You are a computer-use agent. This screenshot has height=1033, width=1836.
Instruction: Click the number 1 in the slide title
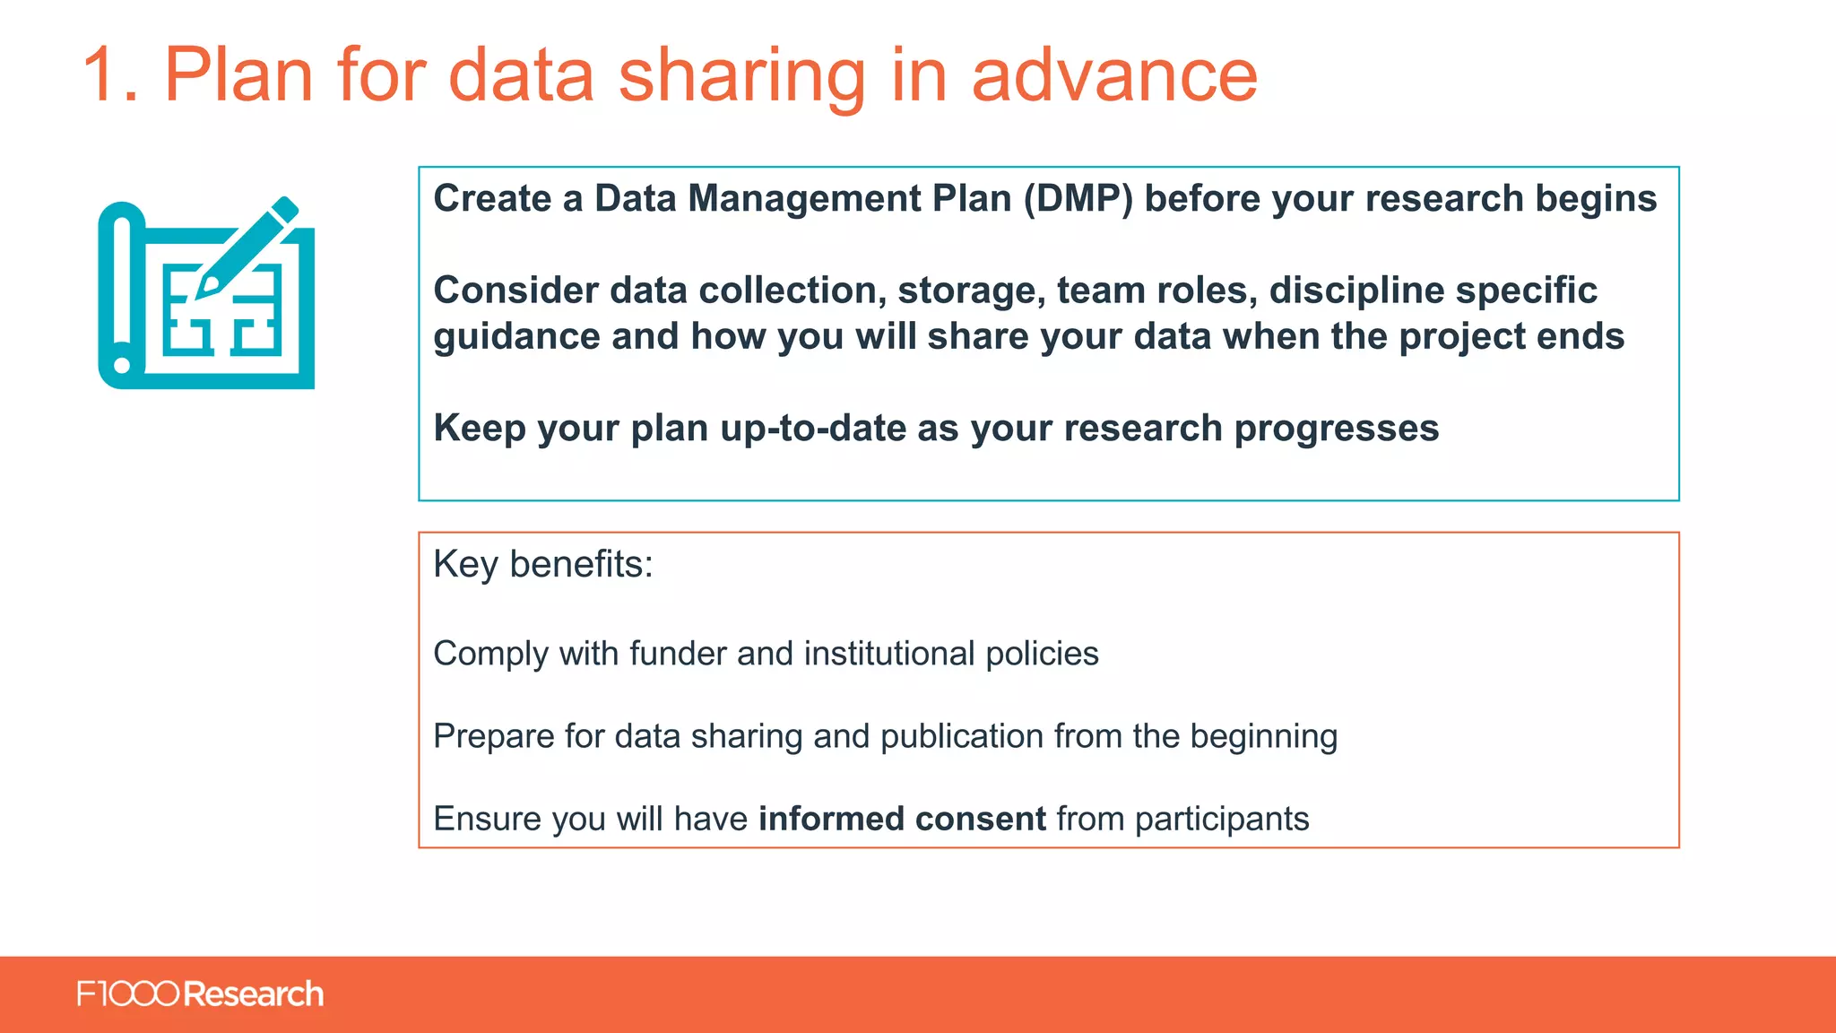pyautogui.click(x=100, y=75)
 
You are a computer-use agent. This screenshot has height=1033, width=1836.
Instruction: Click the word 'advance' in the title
pyautogui.click(x=1114, y=75)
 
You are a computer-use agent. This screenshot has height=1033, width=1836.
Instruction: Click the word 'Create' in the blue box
pyautogui.click(x=492, y=199)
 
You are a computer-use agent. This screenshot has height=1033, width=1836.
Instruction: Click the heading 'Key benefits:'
pyautogui.click(x=543, y=565)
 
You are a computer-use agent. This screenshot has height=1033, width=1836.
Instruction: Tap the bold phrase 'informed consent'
pyautogui.click(x=902, y=819)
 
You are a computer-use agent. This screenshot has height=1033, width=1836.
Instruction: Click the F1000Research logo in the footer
pyautogui.click(x=200, y=994)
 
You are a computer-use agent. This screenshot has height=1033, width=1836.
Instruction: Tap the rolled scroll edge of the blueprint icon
pyautogui.click(x=122, y=296)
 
